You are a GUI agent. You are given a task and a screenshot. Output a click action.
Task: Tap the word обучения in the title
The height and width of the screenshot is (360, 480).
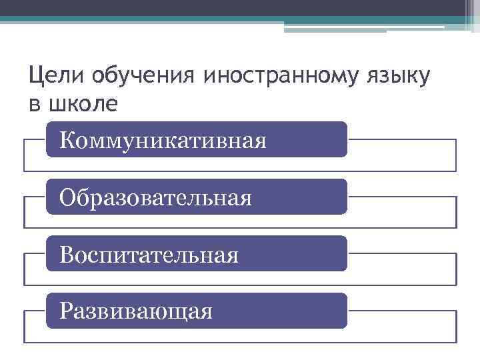(x=133, y=77)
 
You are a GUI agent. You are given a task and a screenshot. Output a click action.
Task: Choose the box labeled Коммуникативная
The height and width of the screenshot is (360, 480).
(x=197, y=139)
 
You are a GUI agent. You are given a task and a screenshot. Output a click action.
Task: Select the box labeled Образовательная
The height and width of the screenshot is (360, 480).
(x=197, y=197)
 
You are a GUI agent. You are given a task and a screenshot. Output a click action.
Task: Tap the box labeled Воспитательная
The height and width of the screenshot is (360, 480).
(x=197, y=254)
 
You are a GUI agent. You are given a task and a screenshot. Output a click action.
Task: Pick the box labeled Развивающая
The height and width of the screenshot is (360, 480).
(x=197, y=311)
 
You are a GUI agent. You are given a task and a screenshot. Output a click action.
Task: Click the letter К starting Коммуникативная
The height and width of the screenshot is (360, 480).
(x=67, y=140)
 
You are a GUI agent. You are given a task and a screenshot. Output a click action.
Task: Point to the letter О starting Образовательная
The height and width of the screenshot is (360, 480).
(x=67, y=197)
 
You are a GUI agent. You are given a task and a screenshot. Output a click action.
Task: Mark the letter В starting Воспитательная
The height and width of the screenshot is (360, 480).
(x=65, y=255)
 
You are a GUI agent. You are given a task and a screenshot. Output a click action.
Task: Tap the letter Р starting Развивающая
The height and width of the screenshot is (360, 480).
(x=65, y=311)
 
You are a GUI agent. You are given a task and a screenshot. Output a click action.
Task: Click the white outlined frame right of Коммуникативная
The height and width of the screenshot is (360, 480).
(x=401, y=155)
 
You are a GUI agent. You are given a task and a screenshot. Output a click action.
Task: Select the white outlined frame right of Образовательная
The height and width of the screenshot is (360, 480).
(x=401, y=213)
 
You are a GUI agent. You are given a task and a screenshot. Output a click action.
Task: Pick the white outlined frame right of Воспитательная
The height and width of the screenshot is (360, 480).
(x=401, y=269)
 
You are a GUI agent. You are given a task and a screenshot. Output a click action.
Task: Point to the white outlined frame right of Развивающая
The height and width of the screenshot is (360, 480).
(x=401, y=327)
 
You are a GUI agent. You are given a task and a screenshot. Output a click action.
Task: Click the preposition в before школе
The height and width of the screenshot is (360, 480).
(x=34, y=105)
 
